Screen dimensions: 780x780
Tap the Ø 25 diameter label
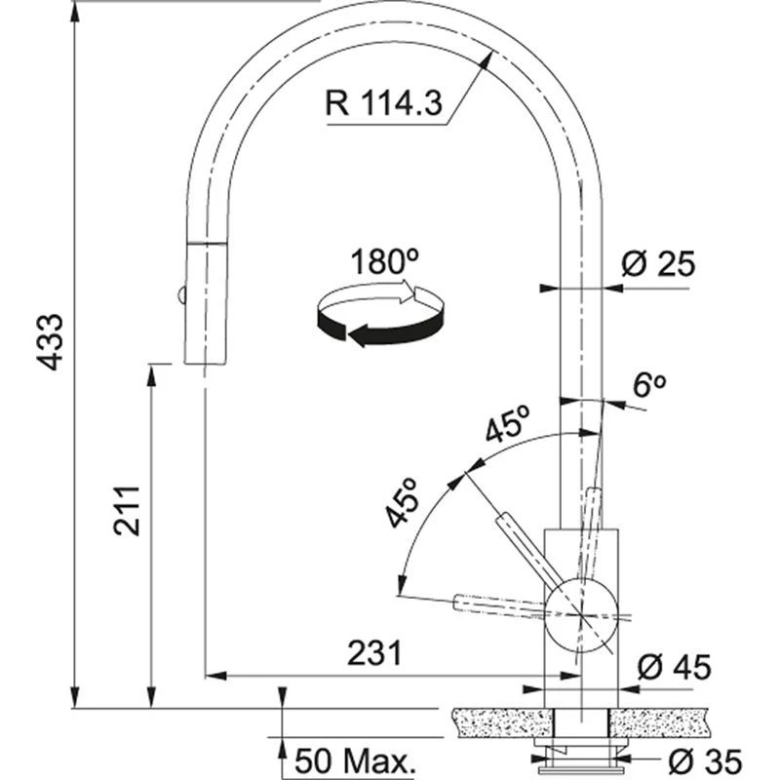pyautogui.click(x=660, y=264)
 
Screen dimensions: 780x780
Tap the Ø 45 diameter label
pyautogui.click(x=674, y=668)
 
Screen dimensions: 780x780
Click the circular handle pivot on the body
pyautogui.click(x=582, y=612)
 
